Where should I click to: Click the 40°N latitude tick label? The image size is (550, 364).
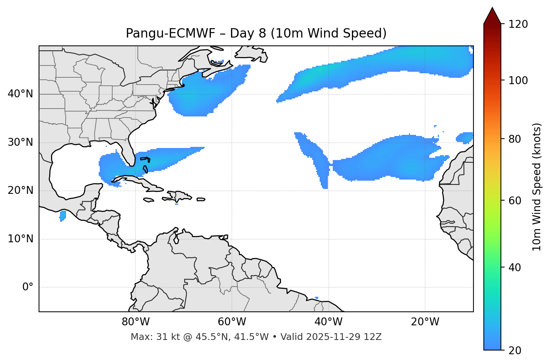20,94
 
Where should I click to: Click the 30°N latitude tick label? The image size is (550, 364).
20,142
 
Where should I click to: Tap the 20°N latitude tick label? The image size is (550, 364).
20,190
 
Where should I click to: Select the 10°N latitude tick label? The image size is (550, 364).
20,239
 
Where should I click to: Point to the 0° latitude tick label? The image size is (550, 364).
28,287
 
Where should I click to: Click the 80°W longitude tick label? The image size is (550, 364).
135,322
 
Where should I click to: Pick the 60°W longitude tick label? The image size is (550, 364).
232,322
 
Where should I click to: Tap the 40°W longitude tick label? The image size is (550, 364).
328,322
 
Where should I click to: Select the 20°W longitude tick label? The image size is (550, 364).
425,322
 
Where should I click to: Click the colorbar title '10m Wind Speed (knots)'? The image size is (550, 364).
537,187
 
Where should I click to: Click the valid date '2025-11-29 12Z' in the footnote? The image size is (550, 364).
344,337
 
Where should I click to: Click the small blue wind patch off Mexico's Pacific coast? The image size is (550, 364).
63,216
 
